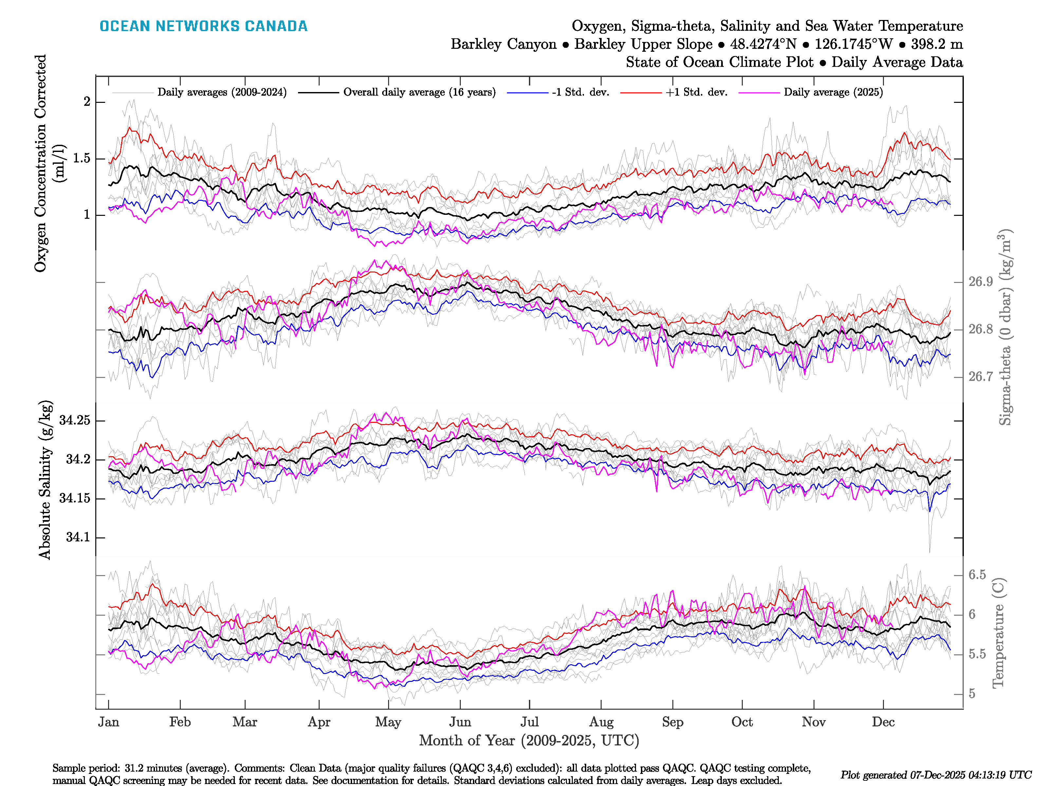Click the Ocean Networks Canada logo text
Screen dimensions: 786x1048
point(203,26)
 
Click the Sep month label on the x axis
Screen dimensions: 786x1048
point(672,722)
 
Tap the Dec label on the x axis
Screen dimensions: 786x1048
point(883,722)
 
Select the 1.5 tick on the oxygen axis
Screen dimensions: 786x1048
point(82,158)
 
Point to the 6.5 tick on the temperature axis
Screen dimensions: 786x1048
point(977,575)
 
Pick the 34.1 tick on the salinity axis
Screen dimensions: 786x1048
point(78,537)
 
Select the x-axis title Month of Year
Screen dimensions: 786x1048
point(529,740)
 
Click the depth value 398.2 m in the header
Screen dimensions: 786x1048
point(937,44)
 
